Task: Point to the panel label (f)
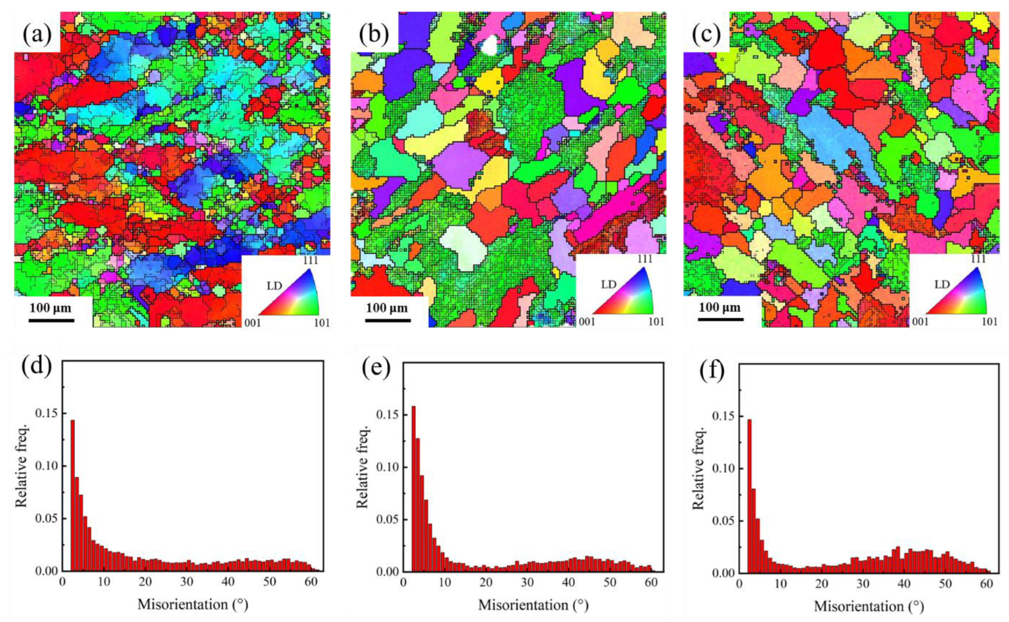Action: coord(712,369)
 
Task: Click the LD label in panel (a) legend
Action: coord(274,285)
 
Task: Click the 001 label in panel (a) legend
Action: coord(253,322)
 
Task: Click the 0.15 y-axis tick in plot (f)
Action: coord(724,417)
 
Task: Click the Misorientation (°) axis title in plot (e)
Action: coord(533,605)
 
